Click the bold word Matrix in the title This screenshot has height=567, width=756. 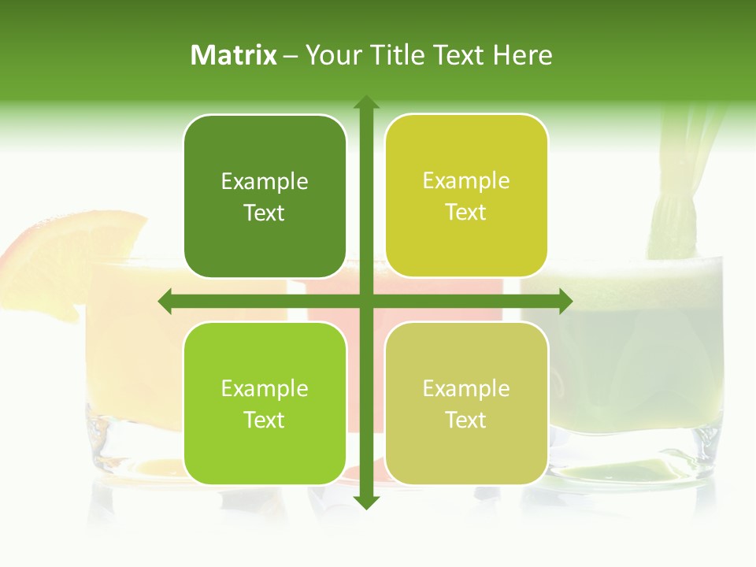coord(234,55)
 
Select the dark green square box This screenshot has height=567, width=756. coord(265,197)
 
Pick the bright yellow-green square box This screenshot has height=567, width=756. coord(466,196)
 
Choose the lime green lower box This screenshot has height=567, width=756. coord(265,403)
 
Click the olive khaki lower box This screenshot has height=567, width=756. coord(466,403)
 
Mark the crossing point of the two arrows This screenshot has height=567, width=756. coord(365,301)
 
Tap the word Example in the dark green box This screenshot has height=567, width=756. coord(265,182)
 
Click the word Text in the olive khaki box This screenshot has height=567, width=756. coord(466,420)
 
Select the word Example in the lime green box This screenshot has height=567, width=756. coord(265,388)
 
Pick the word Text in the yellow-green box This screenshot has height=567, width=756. coord(466,213)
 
